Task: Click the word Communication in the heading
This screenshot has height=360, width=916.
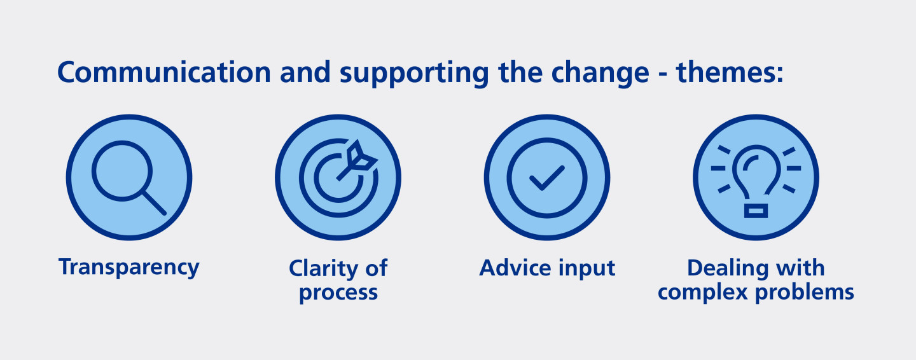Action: pos(164,73)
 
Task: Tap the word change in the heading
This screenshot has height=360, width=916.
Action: pos(595,73)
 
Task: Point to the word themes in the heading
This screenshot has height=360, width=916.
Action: pos(729,73)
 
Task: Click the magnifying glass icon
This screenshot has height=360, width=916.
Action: pos(128,177)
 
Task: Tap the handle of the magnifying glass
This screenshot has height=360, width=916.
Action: pos(154,203)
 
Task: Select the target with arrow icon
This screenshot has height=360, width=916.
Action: pos(338,177)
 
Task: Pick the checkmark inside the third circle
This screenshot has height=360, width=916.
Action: pos(546,177)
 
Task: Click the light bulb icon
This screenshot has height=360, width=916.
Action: pos(756,177)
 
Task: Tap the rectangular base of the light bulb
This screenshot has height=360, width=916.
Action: pos(756,211)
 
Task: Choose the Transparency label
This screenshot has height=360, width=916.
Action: pos(128,267)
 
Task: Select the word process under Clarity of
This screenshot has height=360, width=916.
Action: pos(338,293)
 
